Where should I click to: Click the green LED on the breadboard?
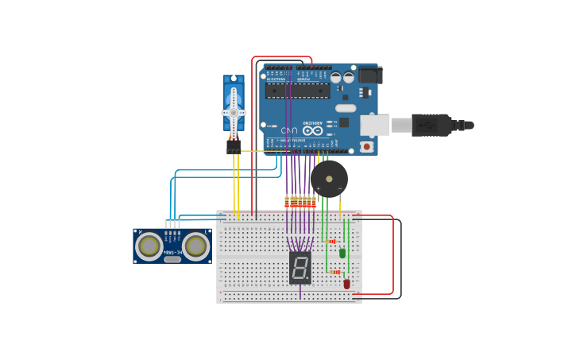point(342,253)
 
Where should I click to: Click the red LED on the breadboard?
point(346,283)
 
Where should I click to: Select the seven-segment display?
point(300,268)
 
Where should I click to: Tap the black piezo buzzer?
point(329,180)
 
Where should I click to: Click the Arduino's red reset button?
point(366,146)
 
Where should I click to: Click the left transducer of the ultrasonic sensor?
point(149,246)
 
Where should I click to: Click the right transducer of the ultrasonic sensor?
point(195,246)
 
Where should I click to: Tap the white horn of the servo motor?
point(234,112)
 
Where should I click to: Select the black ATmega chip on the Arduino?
point(297,91)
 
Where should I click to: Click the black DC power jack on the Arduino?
point(369,75)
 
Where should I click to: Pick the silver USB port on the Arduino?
point(374,125)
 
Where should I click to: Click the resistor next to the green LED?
point(330,241)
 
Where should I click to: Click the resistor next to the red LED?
point(334,272)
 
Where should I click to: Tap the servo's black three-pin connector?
point(234,147)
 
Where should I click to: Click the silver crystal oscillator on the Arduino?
point(346,108)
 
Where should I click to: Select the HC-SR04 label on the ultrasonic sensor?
point(172,252)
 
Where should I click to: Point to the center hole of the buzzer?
point(329,179)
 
